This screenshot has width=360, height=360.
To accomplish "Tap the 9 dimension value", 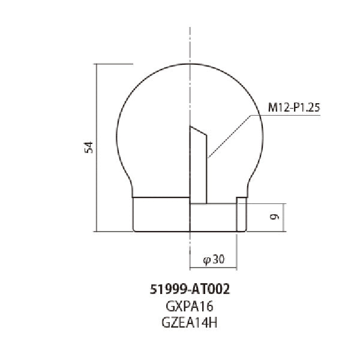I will tap(274, 217).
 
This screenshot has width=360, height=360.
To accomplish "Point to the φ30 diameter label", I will tap(214, 259).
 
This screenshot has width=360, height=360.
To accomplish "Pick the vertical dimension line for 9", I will tap(282, 217).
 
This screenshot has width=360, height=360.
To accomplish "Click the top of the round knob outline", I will tap(190, 63).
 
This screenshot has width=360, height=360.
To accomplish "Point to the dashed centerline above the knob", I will tap(190, 42).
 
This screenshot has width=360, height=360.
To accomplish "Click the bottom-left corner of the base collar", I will tap(133, 231).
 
